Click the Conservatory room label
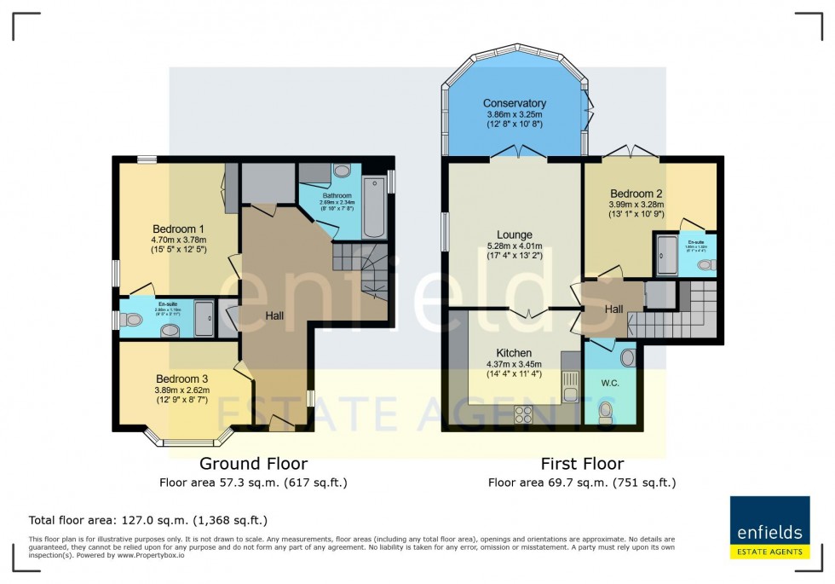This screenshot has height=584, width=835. (x=514, y=103)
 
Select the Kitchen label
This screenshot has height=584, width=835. (x=514, y=353)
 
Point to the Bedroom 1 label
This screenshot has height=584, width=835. (x=178, y=228)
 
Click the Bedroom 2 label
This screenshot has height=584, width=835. (x=635, y=194)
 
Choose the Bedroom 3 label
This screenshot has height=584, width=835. (x=181, y=379)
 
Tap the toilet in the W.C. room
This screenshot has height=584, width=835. (x=606, y=413)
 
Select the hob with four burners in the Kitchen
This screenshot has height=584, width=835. (x=522, y=414)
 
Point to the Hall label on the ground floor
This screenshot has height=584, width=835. (x=274, y=315)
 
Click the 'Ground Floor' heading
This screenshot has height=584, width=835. (x=253, y=464)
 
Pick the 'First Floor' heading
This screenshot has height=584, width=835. (x=582, y=464)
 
